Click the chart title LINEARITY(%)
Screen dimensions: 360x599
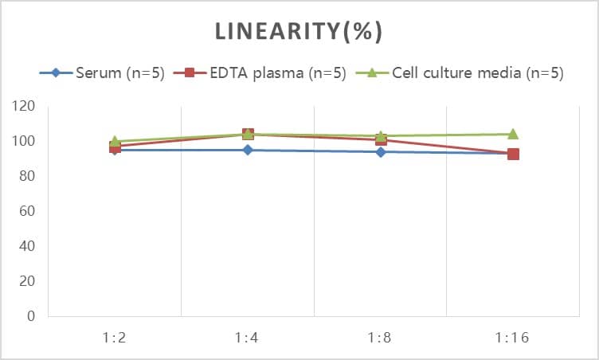click(x=299, y=31)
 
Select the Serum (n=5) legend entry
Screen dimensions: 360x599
click(x=119, y=73)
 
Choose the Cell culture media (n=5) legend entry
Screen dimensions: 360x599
click(x=477, y=73)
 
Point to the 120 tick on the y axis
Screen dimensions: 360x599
click(x=24, y=106)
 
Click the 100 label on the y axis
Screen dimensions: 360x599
click(x=24, y=141)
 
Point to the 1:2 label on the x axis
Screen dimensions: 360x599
click(x=115, y=338)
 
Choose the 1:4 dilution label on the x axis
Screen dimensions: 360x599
click(x=248, y=338)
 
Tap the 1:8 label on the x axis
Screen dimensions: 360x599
click(x=380, y=338)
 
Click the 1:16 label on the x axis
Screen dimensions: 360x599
click(x=512, y=338)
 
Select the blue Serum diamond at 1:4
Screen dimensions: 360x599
click(x=248, y=150)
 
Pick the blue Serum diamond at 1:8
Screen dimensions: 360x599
click(x=381, y=151)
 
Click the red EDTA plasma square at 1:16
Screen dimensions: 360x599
click(x=513, y=154)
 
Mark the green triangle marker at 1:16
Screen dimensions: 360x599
click(x=513, y=134)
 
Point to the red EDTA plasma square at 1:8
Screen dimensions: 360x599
click(x=381, y=140)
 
